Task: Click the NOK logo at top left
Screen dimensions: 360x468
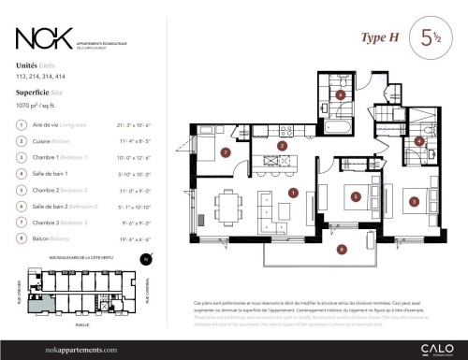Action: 45,38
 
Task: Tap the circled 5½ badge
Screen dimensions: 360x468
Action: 431,38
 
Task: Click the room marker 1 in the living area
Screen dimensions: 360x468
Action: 293,194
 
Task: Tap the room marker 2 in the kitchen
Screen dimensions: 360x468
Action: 282,147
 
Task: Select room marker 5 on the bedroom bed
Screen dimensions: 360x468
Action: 355,196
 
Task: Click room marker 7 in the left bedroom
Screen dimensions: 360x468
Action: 225,152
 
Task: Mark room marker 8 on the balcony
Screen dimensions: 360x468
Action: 342,248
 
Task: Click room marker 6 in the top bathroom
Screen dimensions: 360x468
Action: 341,94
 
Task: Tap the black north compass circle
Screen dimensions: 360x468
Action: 144,259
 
